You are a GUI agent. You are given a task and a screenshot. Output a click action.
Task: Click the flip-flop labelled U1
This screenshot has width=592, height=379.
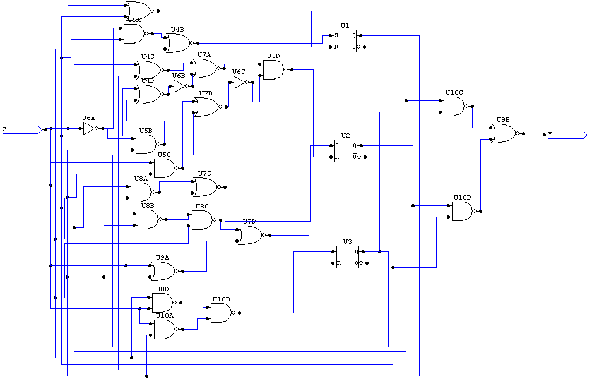[x=345, y=41]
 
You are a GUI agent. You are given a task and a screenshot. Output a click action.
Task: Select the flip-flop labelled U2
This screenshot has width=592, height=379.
[x=345, y=151]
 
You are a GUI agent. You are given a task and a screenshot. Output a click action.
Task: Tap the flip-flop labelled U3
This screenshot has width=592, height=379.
[x=347, y=256]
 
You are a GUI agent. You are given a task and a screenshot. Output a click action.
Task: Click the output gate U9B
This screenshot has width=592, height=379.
[x=503, y=133]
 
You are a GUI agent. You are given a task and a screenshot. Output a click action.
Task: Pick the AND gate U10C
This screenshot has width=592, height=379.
[x=453, y=106]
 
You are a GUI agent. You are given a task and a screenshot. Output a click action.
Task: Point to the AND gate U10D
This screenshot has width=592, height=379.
[x=462, y=211]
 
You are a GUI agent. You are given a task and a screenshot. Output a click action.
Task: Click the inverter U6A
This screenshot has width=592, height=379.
[x=89, y=129]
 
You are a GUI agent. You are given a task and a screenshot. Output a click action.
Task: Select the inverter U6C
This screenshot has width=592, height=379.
[x=240, y=83]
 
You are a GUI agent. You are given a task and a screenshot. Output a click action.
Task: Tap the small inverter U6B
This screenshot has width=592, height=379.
[x=180, y=86]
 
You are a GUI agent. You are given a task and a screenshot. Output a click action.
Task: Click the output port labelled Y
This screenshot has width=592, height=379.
[x=565, y=135]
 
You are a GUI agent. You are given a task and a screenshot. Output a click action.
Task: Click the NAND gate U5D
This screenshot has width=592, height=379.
[x=273, y=69]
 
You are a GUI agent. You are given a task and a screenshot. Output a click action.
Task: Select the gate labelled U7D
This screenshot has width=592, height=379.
[x=249, y=236]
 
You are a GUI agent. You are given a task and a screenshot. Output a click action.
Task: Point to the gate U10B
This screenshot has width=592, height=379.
[x=220, y=313]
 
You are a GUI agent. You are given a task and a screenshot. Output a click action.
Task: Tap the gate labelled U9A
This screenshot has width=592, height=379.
[x=162, y=271]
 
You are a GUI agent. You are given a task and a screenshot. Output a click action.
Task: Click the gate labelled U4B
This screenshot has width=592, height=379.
[x=177, y=43]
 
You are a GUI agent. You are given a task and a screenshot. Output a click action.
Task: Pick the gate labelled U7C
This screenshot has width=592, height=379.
[x=204, y=187]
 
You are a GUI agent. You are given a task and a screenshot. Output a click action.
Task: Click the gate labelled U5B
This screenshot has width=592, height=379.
[x=145, y=144]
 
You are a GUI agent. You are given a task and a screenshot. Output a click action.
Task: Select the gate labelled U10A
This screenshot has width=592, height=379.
[x=163, y=329]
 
